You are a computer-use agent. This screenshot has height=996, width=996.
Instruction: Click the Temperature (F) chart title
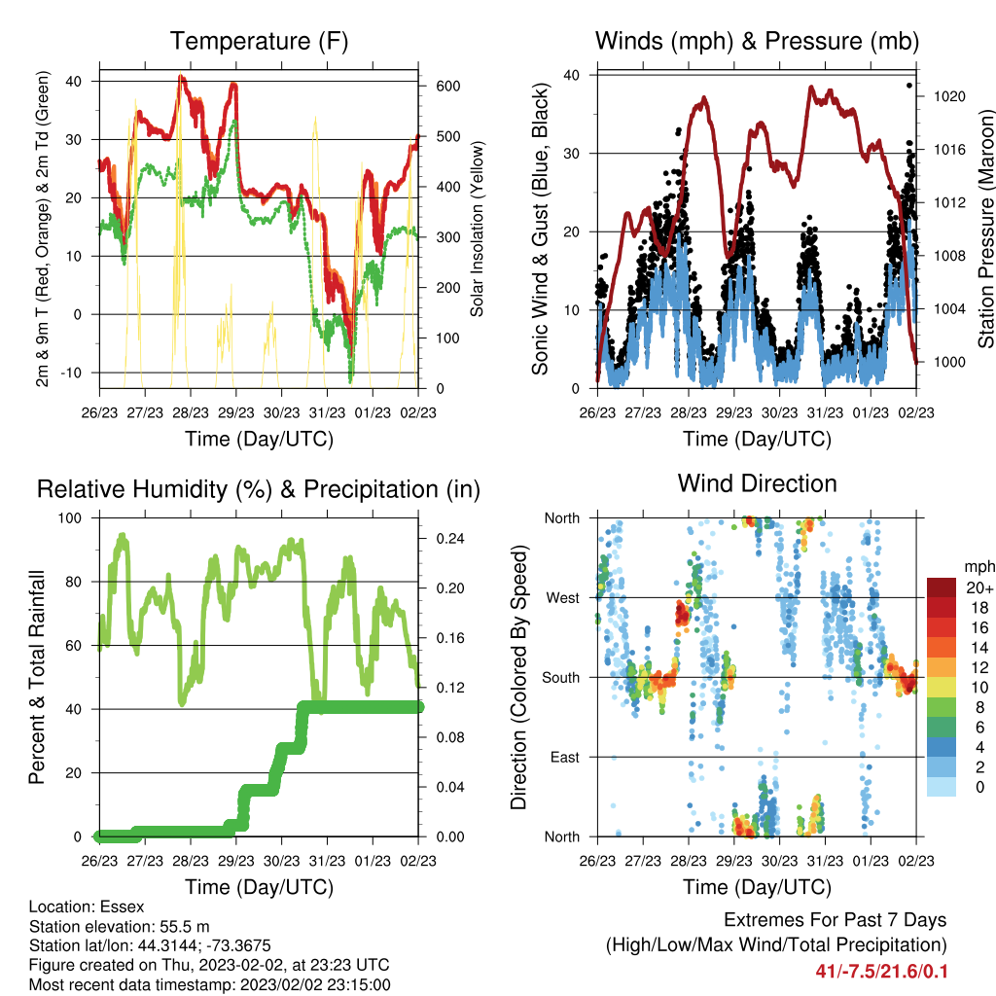(259, 41)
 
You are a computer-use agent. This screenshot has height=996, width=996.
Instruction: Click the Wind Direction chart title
(757, 483)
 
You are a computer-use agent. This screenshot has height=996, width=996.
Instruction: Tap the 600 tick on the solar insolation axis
(447, 87)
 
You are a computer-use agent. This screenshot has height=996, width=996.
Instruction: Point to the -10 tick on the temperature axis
(70, 373)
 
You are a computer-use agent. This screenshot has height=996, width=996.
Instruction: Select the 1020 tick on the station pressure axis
(949, 96)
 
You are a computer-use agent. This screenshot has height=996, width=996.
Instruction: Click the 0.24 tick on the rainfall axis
(450, 539)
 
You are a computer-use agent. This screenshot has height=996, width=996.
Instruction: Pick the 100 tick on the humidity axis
(70, 518)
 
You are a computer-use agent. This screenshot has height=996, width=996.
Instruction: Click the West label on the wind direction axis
(563, 598)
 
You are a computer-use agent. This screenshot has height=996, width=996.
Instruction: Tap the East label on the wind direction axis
(565, 757)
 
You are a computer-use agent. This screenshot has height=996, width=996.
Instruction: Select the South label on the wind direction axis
(561, 678)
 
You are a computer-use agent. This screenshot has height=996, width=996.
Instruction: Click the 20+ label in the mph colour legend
(979, 587)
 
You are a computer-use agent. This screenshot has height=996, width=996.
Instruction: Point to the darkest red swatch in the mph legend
(942, 587)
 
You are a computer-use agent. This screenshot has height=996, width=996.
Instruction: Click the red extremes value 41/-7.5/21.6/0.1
(881, 972)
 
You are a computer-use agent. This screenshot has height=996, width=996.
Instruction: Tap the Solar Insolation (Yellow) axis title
(477, 229)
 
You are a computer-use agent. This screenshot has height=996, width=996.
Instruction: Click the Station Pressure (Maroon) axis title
(985, 229)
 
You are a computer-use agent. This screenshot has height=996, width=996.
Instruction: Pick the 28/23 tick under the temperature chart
(191, 412)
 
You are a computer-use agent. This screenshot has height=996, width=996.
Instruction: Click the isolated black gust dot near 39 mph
(909, 86)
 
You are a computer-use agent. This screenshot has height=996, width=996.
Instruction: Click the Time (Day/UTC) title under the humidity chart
(259, 887)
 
